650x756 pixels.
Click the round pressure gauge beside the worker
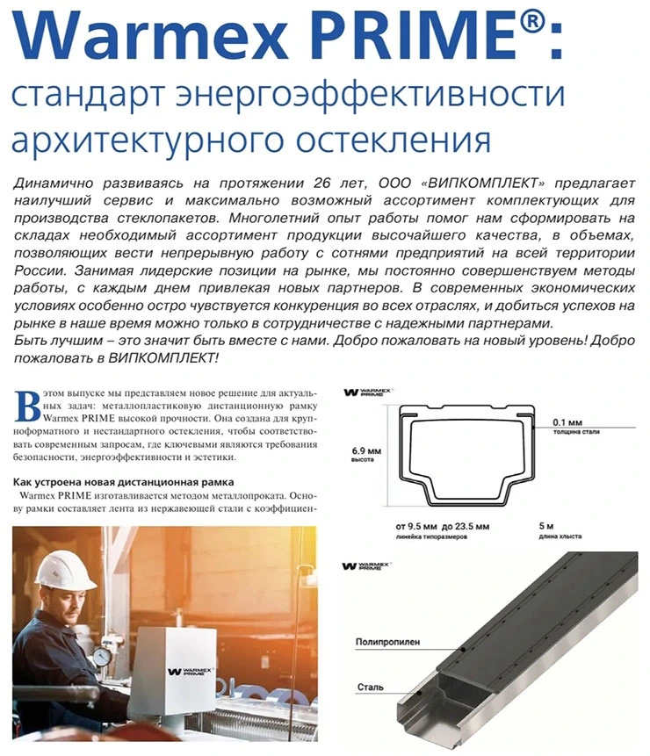pyautogui.click(x=102, y=656)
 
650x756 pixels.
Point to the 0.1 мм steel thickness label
pyautogui.click(x=569, y=421)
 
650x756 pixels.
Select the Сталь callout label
pyautogui.click(x=370, y=686)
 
